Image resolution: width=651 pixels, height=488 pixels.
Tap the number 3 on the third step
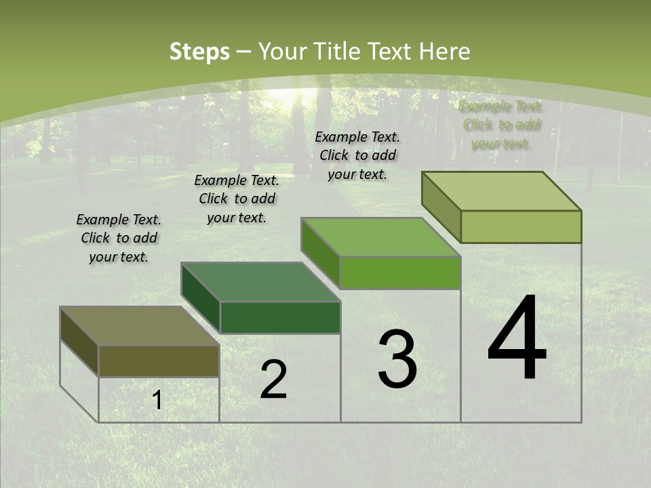pos(397,359)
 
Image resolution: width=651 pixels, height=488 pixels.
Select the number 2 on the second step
pos(273,380)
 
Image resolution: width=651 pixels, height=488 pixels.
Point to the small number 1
pos(157,401)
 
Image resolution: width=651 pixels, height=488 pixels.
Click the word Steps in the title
pos(199,52)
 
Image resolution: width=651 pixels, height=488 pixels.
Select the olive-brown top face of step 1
pos(140,326)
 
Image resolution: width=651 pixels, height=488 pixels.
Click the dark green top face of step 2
pos(260,281)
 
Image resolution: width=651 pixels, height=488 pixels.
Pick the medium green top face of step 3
pos(381,237)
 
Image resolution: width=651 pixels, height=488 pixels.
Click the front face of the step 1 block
pos(159,361)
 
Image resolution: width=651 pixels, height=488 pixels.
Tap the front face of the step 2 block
pos(280,317)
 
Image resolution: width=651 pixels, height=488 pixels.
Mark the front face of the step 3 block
pos(400,272)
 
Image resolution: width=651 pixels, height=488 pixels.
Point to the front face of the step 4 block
pos(521,226)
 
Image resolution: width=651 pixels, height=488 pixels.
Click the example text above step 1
pos(119,239)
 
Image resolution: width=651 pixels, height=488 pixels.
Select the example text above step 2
pos(237,199)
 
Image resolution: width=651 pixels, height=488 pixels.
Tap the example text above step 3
pos(357,155)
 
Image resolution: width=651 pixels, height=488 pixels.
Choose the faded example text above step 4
pos(501,125)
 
